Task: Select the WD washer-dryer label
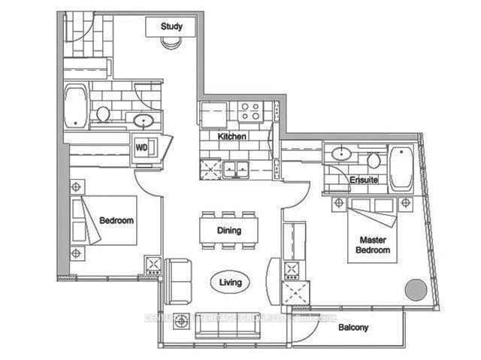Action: click(141, 147)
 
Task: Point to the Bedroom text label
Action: click(116, 220)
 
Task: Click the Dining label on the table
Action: click(228, 231)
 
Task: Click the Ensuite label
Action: click(363, 181)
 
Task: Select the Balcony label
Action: click(352, 328)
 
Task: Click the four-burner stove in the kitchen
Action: click(250, 113)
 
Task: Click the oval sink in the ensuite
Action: click(342, 154)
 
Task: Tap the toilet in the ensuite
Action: click(373, 159)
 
